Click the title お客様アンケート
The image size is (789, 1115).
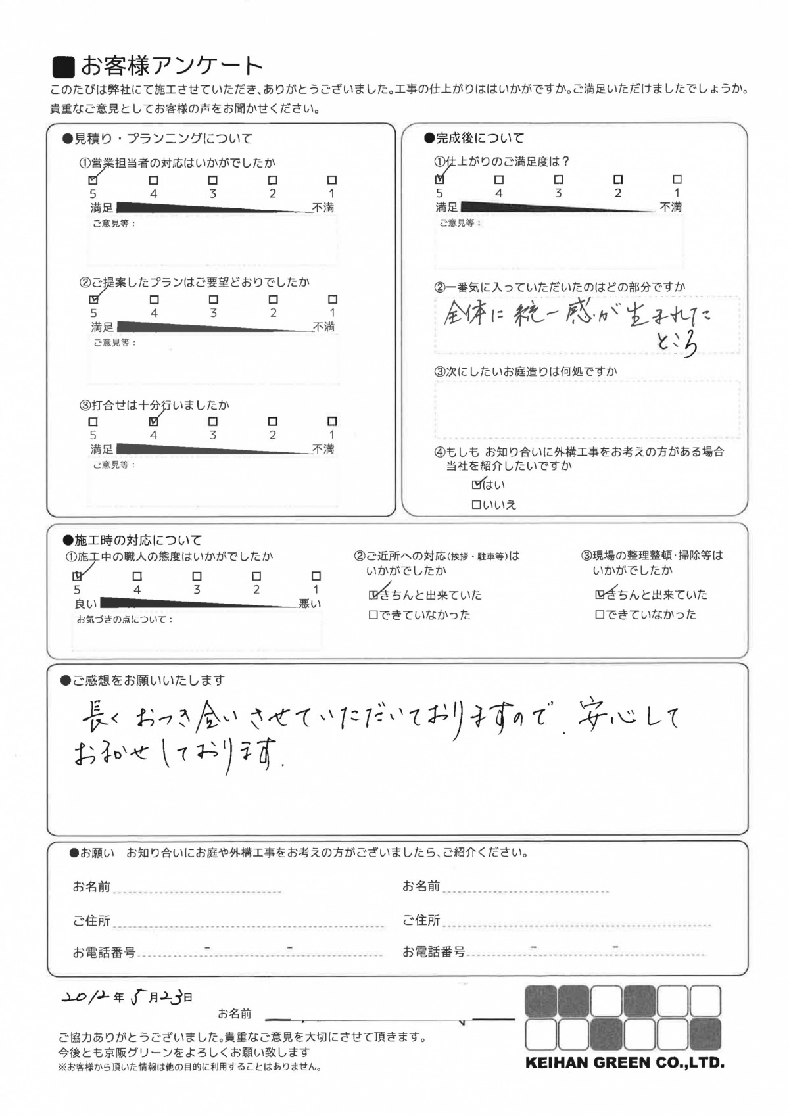171,66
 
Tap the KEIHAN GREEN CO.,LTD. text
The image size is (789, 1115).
624,1063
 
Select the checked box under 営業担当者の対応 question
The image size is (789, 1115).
93,179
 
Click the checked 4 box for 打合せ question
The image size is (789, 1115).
154,421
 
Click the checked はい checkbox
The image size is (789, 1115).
477,485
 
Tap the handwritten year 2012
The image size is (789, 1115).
85,997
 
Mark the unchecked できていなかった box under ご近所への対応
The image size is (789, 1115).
373,615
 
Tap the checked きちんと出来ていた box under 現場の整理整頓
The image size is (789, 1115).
600,595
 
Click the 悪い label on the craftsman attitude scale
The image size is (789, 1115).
310,604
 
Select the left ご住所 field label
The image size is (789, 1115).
91,921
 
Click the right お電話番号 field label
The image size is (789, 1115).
433,951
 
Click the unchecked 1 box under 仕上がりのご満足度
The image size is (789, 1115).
677,179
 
